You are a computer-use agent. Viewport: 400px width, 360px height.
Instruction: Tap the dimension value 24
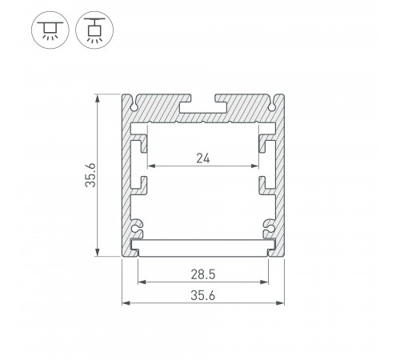click(x=203, y=158)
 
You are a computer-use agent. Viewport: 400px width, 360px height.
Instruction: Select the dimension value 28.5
click(x=203, y=273)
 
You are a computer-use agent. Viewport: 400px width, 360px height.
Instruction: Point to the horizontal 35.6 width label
click(x=203, y=295)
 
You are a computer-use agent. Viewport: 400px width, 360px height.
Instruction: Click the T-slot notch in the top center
click(x=203, y=102)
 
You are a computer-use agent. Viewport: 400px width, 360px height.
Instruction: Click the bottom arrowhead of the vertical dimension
click(x=98, y=254)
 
